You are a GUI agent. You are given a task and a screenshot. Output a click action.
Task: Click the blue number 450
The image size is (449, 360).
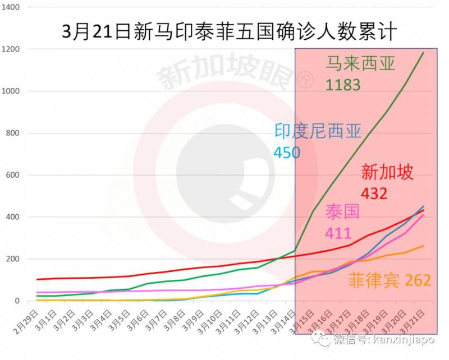(x=287, y=153)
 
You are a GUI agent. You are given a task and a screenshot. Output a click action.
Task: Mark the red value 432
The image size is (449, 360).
(x=374, y=193)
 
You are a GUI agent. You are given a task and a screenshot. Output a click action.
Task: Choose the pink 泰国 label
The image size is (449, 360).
(x=342, y=213)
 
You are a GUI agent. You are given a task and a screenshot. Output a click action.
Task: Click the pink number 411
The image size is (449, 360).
(x=338, y=233)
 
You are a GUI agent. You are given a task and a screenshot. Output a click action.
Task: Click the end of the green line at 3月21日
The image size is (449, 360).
(x=423, y=53)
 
